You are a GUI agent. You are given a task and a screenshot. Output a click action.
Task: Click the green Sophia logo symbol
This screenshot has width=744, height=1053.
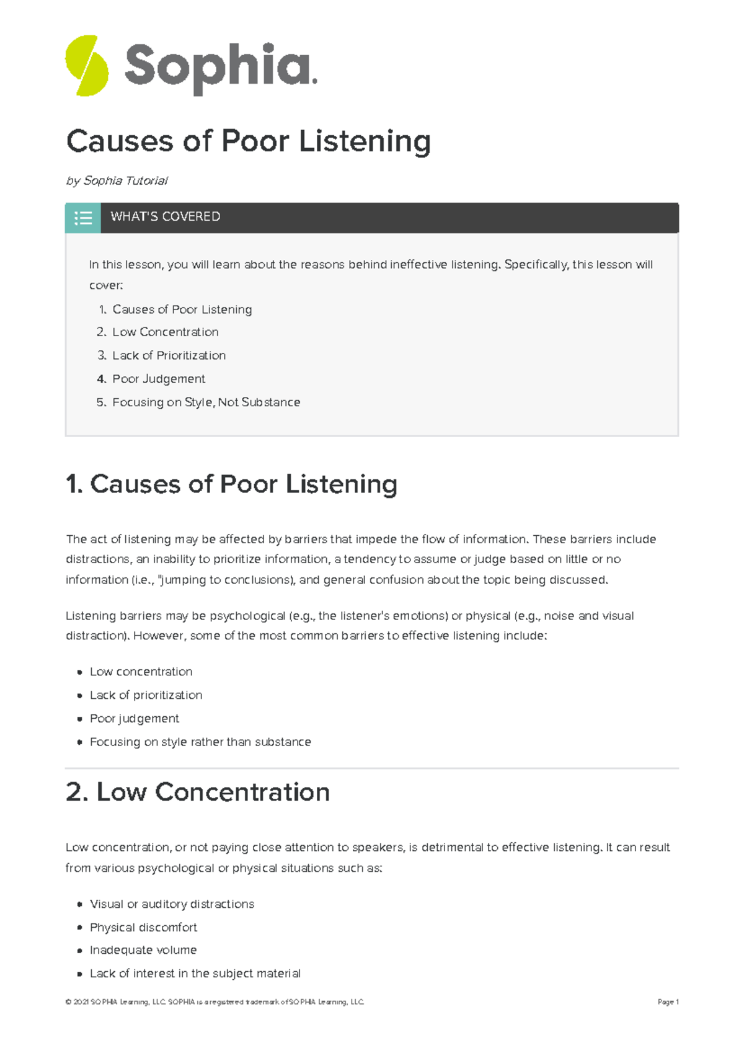point(87,66)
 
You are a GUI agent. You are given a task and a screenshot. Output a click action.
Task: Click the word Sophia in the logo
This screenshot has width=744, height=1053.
point(219,67)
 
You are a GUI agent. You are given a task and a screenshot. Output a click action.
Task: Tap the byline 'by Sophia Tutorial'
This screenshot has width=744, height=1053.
point(117,180)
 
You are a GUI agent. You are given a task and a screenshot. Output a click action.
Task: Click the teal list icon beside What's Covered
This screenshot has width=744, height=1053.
point(83,218)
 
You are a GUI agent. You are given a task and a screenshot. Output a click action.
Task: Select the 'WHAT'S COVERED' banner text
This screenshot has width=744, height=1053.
point(166,216)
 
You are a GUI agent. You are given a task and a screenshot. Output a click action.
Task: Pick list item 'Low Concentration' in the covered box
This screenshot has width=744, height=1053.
point(165,332)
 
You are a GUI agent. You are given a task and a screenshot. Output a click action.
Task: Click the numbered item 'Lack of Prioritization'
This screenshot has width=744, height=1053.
point(169,355)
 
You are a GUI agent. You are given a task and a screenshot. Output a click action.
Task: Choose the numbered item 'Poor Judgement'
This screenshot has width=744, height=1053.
point(158,379)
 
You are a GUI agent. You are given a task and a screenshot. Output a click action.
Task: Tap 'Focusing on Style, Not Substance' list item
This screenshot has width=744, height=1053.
point(206,402)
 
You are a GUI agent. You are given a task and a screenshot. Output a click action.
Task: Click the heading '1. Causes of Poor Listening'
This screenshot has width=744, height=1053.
point(231,484)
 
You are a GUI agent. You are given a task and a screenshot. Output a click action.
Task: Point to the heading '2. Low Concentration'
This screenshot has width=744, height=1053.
point(198,792)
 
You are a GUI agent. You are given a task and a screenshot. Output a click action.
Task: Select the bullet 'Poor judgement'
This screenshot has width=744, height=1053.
point(134,718)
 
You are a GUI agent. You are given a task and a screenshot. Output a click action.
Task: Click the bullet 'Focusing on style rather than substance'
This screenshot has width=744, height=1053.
point(200,742)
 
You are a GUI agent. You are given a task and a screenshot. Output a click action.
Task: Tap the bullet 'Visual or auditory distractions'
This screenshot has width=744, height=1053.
point(172,904)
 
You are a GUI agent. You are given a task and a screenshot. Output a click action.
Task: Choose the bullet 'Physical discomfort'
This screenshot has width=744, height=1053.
point(143,927)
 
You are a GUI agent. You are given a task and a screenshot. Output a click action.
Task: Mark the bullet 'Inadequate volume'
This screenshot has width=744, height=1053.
point(143,950)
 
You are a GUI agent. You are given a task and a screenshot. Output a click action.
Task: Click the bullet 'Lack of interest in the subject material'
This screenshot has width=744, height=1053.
point(195,974)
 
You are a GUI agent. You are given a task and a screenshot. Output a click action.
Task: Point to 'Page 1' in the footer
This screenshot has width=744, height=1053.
point(668,1002)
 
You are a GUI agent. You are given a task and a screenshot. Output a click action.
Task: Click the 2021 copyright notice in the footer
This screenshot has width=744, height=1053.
point(215,1002)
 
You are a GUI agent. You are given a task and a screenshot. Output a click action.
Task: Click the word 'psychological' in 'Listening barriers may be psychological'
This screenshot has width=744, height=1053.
point(247,616)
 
